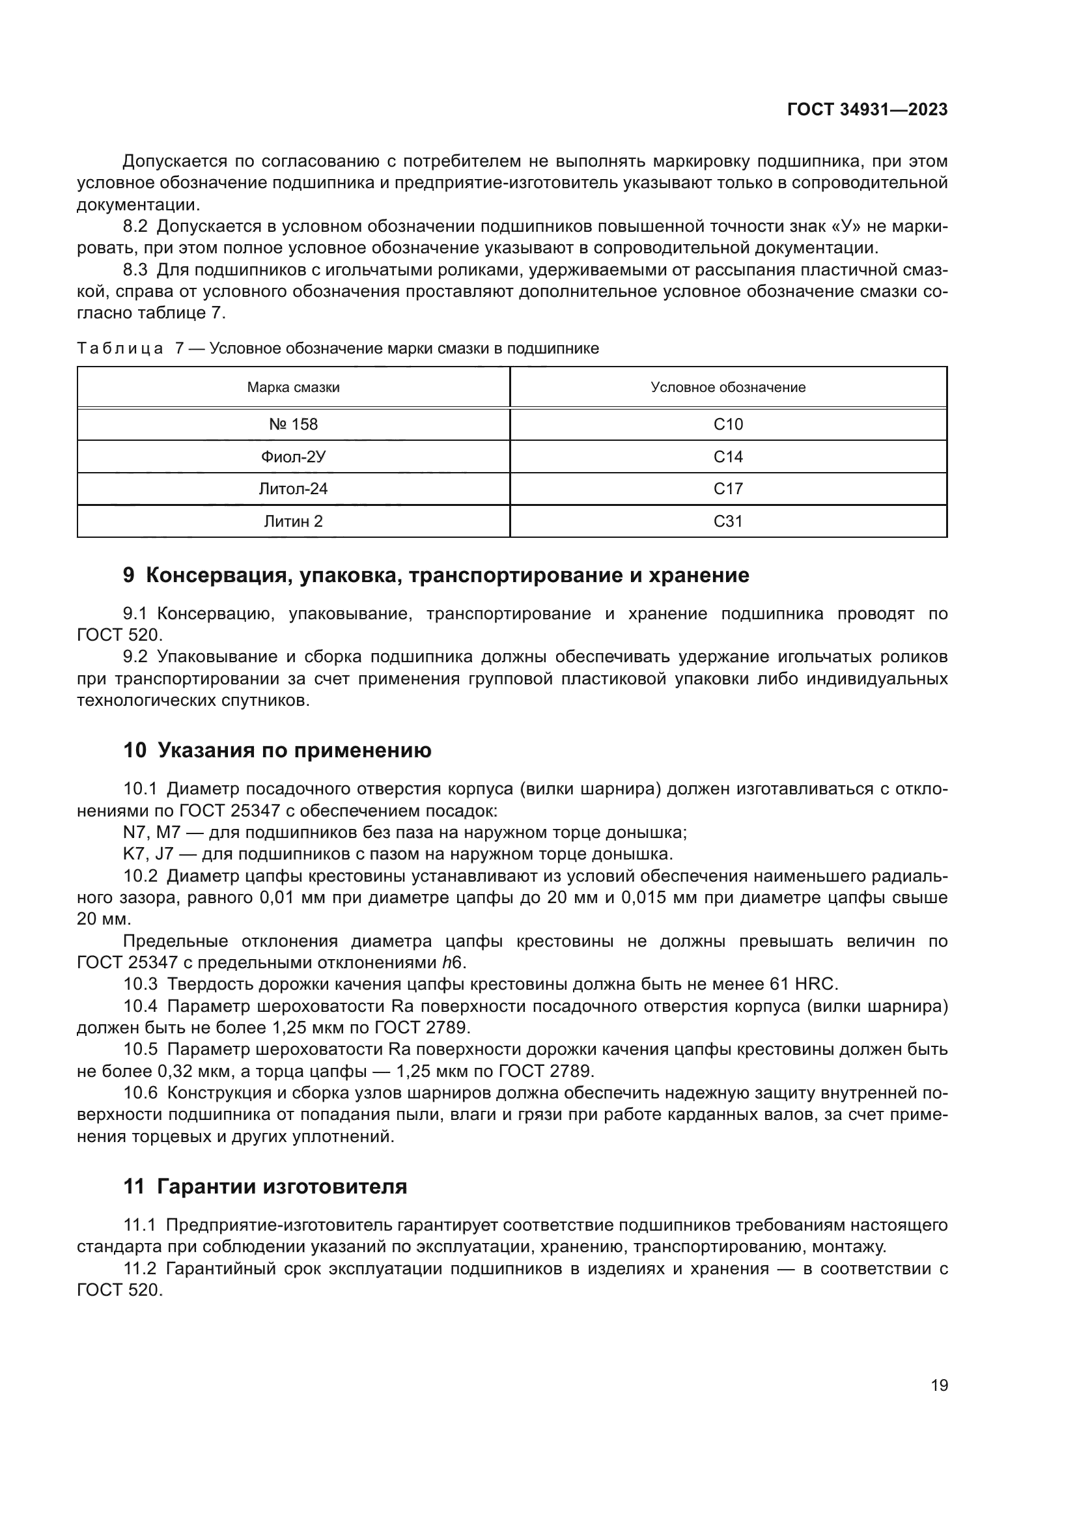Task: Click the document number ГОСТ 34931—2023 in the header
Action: tap(867, 110)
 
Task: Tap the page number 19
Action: tap(939, 1385)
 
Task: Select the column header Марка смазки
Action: tap(293, 387)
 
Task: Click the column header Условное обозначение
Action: tap(727, 387)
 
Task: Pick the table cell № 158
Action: tap(293, 425)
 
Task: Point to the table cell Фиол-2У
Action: tap(293, 457)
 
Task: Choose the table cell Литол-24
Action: tap(293, 489)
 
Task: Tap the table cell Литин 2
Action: tap(293, 522)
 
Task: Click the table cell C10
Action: tap(727, 425)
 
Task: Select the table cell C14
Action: tap(727, 457)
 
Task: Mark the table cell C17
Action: tap(727, 489)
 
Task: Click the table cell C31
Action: tap(727, 522)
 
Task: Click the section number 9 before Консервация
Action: tap(129, 575)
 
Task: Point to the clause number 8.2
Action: tap(135, 227)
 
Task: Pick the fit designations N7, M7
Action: tap(152, 833)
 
